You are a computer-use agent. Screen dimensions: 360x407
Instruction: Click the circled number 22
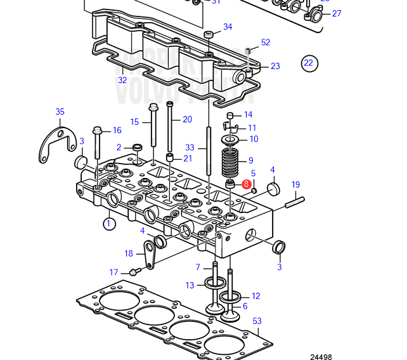(309, 63)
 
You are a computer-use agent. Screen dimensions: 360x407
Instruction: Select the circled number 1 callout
(108, 223)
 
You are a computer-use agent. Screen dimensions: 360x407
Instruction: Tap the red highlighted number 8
(247, 184)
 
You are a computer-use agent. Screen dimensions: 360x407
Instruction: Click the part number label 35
(60, 112)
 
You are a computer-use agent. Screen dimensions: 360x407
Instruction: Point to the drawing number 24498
(321, 356)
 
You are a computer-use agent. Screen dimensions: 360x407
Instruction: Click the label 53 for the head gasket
(257, 321)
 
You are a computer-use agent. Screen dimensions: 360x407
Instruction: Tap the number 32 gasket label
(122, 80)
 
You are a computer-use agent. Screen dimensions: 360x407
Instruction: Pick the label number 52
(266, 42)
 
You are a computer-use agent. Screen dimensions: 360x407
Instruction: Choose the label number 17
(114, 273)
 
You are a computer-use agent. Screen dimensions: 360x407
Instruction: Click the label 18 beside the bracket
(129, 254)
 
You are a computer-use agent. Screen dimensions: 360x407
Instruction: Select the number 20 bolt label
(187, 119)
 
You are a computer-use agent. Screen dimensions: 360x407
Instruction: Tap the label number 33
(190, 148)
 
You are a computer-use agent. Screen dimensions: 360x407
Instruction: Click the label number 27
(336, 13)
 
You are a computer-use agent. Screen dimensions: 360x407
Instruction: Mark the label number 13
(190, 285)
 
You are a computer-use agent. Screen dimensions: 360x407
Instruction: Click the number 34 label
(228, 27)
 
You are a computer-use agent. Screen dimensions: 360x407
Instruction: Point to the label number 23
(275, 66)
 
